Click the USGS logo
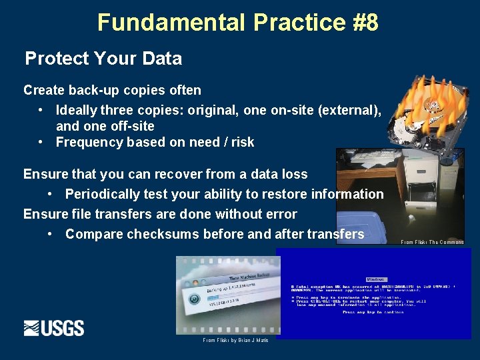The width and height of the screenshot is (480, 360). [54, 328]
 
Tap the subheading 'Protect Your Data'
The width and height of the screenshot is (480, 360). [103, 59]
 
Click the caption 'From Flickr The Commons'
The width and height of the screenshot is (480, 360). [432, 242]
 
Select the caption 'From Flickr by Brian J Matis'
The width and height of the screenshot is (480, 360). [235, 340]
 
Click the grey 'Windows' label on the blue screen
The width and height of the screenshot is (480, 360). [376, 279]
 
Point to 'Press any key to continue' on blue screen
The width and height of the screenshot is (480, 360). [373, 311]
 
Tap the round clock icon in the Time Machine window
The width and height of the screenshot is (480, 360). [195, 299]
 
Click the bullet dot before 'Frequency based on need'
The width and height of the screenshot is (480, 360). [41, 142]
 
